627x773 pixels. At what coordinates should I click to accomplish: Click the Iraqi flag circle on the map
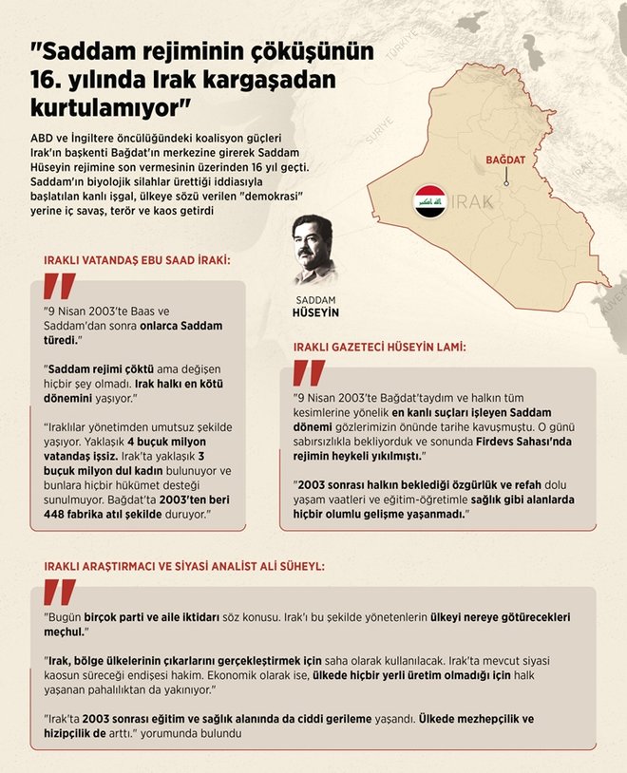(430, 202)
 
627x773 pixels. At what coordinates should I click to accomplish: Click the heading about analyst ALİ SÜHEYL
(184, 565)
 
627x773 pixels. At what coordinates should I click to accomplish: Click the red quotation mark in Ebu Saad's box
(60, 289)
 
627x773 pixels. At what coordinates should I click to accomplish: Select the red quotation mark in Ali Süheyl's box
(60, 593)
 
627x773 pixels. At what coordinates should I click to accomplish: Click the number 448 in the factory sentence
(59, 515)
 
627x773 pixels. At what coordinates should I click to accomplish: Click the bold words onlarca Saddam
(183, 325)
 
